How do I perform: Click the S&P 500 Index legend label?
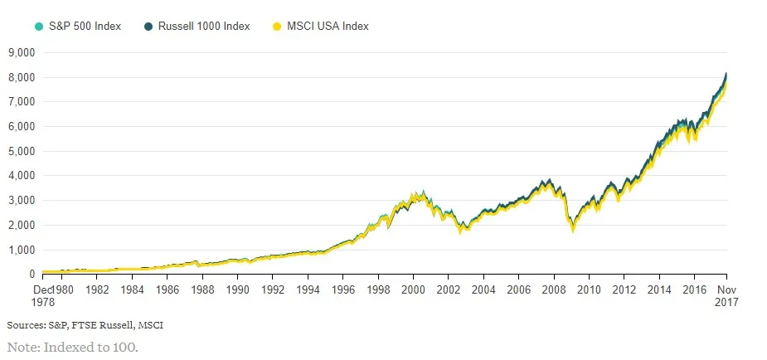point(85,27)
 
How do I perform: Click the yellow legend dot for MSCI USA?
point(278,27)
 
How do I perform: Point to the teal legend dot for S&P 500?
point(38,27)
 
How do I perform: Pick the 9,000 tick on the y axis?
point(20,52)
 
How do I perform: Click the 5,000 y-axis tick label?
point(20,151)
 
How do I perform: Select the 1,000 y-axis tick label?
point(20,250)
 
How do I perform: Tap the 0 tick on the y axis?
point(32,275)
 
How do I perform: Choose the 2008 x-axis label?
point(554,290)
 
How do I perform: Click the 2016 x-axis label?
point(694,290)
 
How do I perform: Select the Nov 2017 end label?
point(727,296)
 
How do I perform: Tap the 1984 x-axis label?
point(132,290)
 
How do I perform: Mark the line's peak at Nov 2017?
point(727,74)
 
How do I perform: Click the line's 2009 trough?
point(570,229)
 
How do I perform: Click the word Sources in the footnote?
point(26,324)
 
